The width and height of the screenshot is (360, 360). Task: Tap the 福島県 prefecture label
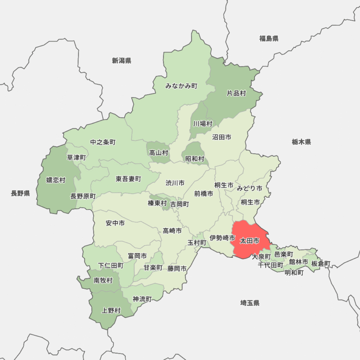pos(269,38)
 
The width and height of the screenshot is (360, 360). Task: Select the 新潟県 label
pos(121,60)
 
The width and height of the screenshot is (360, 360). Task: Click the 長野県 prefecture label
pos(20,193)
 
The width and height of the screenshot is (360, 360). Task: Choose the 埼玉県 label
pos(250,303)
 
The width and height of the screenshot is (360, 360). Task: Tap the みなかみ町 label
pos(181,86)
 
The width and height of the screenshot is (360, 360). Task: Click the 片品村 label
pos(236,93)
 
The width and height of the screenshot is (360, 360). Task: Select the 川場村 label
pos(203,124)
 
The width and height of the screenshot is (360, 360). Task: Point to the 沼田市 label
pos(221,137)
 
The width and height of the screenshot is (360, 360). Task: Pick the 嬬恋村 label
pos(56,180)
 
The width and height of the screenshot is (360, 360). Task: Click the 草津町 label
pos(76,157)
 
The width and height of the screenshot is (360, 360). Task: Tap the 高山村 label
pos(158,152)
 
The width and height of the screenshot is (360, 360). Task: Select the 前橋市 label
pos(203,193)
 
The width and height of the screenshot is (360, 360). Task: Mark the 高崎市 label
pos(172,231)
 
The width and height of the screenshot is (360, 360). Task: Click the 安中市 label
pos(115,223)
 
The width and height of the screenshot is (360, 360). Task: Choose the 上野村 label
pos(111,310)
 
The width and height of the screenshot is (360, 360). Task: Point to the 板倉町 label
pos(321,263)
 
